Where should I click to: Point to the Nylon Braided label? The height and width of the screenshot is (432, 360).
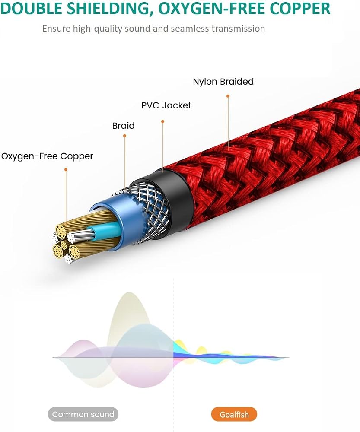tap(223, 82)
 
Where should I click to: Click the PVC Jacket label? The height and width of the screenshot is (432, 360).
tap(166, 105)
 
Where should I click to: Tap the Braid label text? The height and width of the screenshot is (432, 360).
tap(124, 126)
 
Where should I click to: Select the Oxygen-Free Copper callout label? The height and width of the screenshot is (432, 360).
tap(47, 156)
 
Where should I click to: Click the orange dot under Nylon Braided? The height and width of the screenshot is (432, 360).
tap(228, 96)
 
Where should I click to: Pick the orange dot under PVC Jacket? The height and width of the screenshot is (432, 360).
tap(163, 121)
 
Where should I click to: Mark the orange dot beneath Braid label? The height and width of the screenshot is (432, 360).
tap(124, 136)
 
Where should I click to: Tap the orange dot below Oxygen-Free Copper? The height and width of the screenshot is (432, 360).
tap(66, 169)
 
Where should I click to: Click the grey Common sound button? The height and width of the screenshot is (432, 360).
tap(83, 414)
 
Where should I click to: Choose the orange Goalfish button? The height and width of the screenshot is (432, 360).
tap(234, 414)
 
